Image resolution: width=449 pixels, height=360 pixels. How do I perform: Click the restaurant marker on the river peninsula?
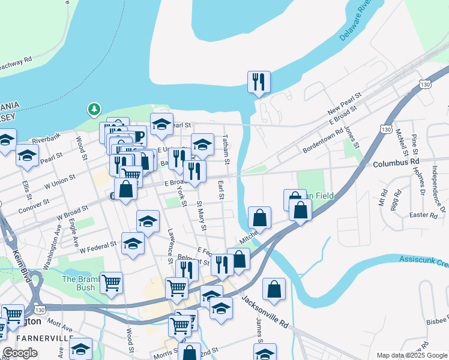(x=259, y=82)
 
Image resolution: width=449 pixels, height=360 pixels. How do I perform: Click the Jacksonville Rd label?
(x=265, y=311)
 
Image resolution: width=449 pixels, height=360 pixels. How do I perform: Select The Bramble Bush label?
(x=79, y=283)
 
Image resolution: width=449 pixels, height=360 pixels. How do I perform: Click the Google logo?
(x=20, y=353)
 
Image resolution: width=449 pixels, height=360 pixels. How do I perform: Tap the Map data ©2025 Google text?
(x=411, y=355)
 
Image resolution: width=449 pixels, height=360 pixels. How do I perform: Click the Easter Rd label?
(x=424, y=215)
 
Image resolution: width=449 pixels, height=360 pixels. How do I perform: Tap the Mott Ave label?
(x=59, y=326)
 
